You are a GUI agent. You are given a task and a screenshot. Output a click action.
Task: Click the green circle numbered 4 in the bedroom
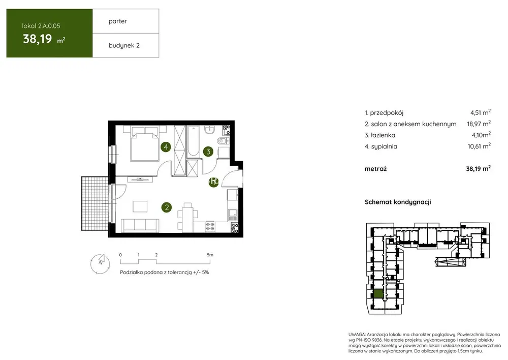(x=166, y=147)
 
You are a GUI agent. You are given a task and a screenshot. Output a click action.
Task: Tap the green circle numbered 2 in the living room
(x=167, y=207)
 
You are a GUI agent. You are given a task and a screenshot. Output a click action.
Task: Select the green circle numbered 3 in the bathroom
(x=208, y=151)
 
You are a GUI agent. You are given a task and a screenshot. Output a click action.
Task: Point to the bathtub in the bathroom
(x=194, y=142)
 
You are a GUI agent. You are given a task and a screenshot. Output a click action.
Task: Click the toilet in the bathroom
(x=223, y=141)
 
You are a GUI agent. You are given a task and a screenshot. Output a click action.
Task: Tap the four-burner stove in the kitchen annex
(x=210, y=226)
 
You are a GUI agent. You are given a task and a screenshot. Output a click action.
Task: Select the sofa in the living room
(x=140, y=225)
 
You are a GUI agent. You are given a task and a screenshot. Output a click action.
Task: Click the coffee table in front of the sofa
(x=140, y=206)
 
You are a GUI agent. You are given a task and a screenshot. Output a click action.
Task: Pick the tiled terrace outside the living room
(x=95, y=204)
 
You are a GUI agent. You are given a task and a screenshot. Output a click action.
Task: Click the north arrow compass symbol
(x=100, y=263)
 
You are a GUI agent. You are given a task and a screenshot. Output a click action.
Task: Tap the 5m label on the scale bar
(x=210, y=255)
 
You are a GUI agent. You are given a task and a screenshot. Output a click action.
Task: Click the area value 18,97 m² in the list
(x=479, y=124)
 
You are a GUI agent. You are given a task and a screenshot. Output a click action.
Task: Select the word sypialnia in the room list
(x=384, y=146)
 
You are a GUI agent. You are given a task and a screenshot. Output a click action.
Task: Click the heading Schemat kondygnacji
(x=398, y=202)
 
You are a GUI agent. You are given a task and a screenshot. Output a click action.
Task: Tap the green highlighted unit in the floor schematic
(x=378, y=294)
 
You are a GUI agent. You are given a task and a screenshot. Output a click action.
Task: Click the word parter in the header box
(x=118, y=21)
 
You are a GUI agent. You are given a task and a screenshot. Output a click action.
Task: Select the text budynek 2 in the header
(x=124, y=45)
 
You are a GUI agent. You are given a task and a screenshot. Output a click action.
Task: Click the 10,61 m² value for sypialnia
(x=479, y=146)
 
